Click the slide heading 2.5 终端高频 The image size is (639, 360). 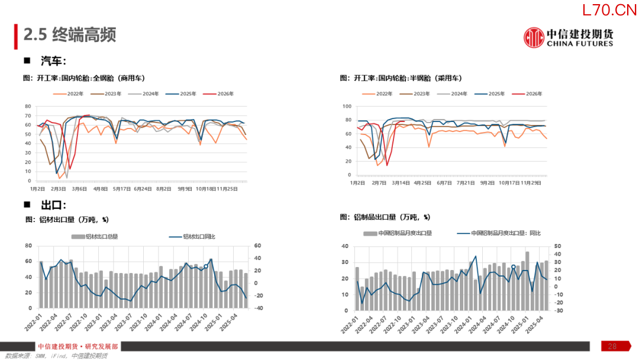70,35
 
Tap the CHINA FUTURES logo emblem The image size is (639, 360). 534,37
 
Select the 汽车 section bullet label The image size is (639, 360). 53,61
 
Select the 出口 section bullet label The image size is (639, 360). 53,205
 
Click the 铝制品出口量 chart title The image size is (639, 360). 385,217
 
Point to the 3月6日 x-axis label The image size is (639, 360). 79,189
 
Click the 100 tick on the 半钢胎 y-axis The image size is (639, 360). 347,106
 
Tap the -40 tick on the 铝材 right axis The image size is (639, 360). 258,308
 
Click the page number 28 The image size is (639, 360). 612,346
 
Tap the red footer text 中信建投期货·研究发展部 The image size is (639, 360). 78,347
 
